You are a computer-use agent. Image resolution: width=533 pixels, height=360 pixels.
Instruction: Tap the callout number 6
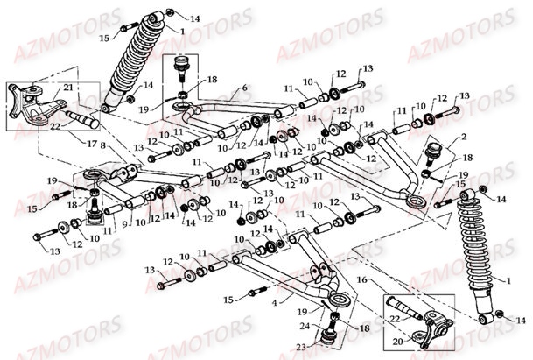[x=244, y=88]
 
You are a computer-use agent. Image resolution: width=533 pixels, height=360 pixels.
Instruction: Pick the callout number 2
[x=465, y=138]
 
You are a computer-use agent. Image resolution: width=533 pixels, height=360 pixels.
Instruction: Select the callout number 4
[x=277, y=303]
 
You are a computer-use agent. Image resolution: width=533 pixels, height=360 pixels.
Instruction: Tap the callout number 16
[x=359, y=280]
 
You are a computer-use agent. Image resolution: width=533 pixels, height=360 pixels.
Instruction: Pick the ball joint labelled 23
[x=331, y=335]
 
